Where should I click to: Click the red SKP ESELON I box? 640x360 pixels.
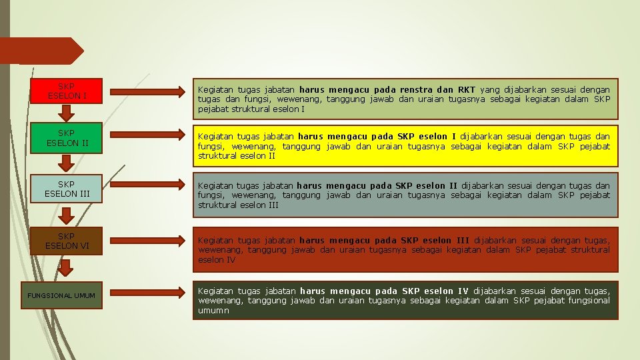66,91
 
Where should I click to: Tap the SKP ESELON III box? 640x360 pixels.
66,189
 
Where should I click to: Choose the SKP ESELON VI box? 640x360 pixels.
66,241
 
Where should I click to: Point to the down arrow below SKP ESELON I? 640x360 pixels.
66,111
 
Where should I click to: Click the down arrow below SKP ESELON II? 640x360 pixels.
66,162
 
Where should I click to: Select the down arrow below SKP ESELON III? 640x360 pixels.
66,215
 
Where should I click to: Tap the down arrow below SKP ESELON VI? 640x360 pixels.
66,267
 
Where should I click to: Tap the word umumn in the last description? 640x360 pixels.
213,311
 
